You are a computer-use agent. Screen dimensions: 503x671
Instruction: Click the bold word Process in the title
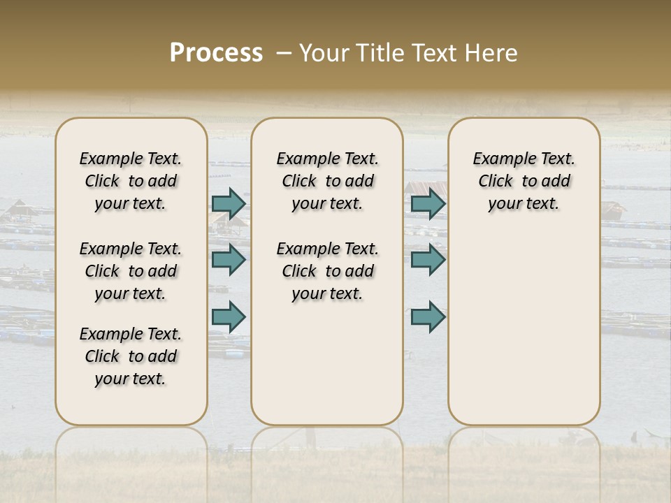click(216, 53)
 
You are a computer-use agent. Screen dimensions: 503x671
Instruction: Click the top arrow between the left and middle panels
click(229, 203)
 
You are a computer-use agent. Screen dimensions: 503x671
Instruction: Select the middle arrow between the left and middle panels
click(229, 260)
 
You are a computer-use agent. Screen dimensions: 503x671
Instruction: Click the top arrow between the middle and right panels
click(428, 203)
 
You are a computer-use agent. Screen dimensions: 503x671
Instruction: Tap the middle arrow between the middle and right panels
click(428, 260)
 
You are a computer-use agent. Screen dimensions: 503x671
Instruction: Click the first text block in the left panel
click(131, 181)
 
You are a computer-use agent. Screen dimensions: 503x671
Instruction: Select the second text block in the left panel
click(131, 271)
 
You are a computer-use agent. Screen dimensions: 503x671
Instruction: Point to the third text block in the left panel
click(131, 356)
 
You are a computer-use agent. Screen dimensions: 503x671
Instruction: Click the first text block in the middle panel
click(327, 181)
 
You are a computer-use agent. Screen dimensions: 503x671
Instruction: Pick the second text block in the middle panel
click(327, 271)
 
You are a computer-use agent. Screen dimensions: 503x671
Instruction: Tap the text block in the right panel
click(524, 181)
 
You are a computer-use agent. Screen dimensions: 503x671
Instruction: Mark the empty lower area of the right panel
click(524, 321)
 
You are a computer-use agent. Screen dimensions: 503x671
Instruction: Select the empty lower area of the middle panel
click(327, 363)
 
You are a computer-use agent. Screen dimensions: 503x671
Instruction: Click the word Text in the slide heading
click(435, 53)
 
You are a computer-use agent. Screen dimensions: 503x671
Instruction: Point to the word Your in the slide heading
click(324, 53)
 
